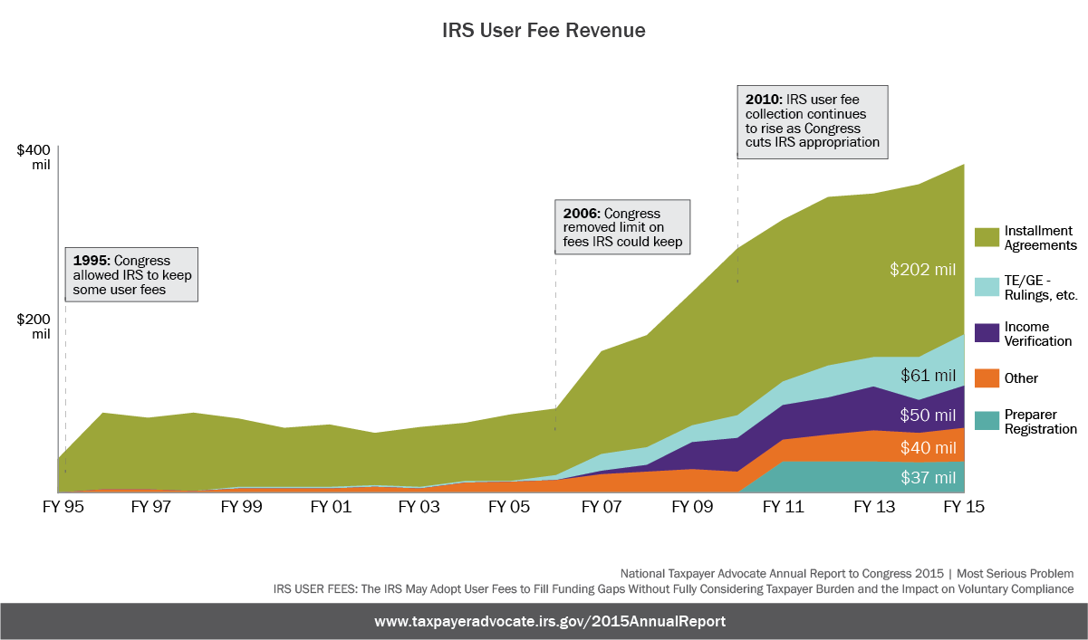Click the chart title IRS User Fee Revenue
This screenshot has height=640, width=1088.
[544, 30]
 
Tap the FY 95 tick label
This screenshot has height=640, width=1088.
[62, 508]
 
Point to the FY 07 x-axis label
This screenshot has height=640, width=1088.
[601, 508]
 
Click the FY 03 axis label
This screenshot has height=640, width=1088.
[420, 508]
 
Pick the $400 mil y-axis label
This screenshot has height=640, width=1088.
[34, 158]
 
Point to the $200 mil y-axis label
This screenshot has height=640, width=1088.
[34, 326]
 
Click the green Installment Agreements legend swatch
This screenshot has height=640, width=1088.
[987, 237]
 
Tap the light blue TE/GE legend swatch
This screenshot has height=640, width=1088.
[987, 286]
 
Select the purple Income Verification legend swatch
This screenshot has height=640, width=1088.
[987, 333]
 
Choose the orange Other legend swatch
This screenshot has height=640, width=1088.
[987, 378]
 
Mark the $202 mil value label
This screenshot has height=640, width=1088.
[923, 269]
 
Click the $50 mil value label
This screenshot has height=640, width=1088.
[929, 416]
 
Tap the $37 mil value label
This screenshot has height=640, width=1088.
[929, 477]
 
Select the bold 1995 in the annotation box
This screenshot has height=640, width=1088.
[91, 261]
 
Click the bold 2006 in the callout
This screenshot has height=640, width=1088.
[581, 214]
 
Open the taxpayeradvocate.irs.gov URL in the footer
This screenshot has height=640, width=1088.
[550, 622]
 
